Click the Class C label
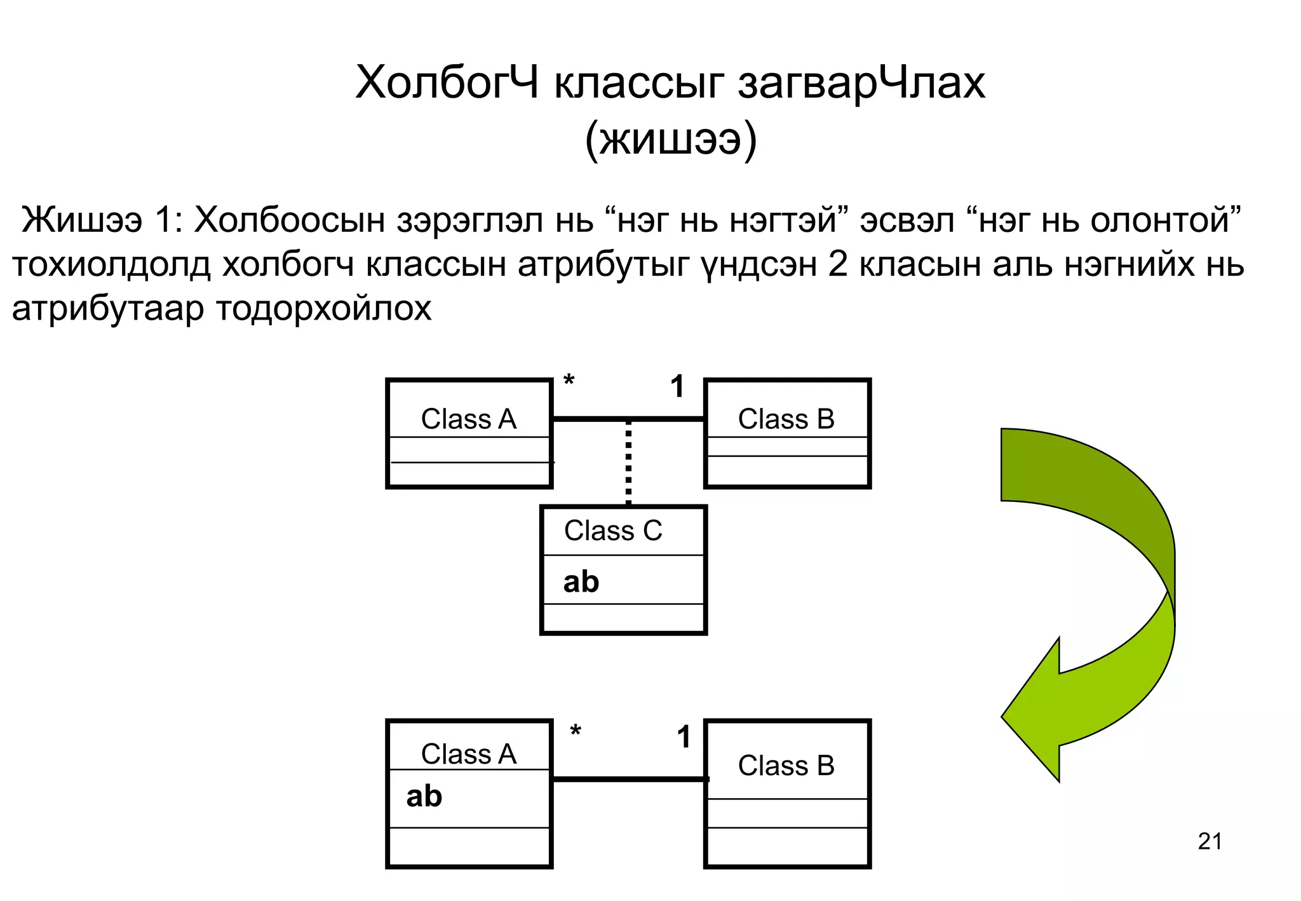click(x=612, y=531)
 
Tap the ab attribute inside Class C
click(x=581, y=582)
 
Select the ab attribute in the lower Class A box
click(x=424, y=796)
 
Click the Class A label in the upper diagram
click(x=468, y=419)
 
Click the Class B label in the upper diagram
click(x=786, y=419)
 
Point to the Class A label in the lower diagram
click(x=468, y=754)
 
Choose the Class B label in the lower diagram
click(x=786, y=766)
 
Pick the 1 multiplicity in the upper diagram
click(x=678, y=386)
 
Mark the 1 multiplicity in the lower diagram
click(x=684, y=737)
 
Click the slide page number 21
click(x=1210, y=841)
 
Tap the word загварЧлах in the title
click(x=861, y=83)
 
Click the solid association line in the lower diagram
click(x=629, y=779)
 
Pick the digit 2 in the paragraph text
click(x=838, y=265)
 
